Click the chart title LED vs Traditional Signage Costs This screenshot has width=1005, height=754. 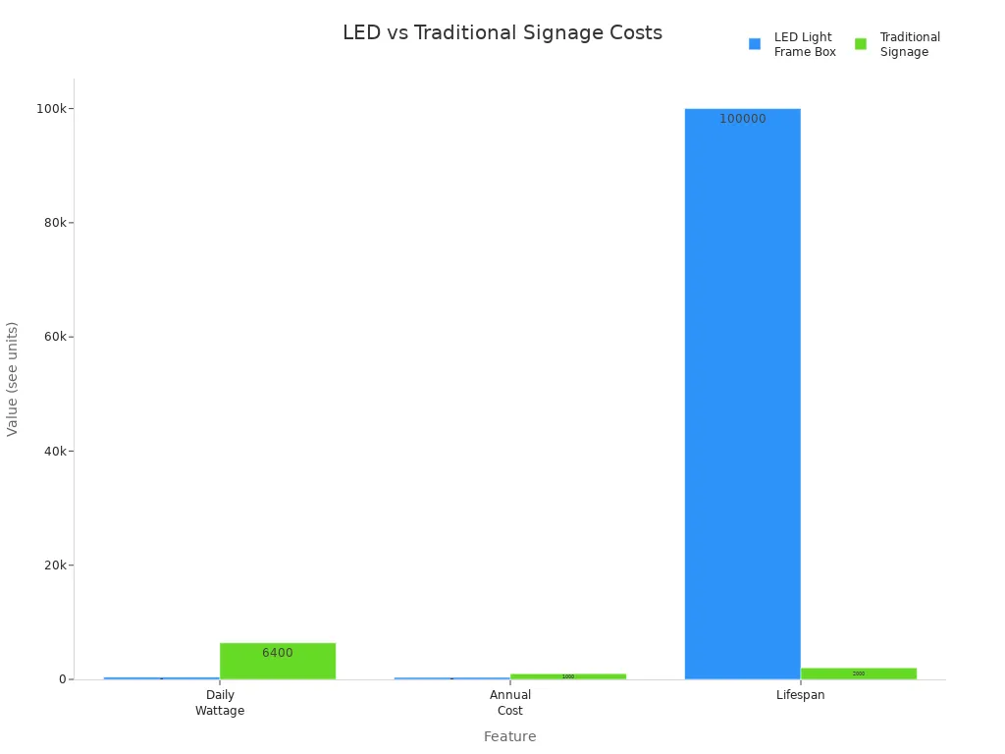pos(502,33)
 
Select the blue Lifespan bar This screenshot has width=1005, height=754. pos(742,393)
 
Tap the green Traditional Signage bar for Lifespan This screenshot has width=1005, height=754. pos(859,673)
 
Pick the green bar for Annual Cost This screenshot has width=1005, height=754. pos(568,676)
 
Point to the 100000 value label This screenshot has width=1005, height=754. pos(742,119)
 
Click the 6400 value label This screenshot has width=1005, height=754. pos(278,653)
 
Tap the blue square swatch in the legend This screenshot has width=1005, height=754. pos(755,44)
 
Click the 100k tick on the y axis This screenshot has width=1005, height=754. pos(50,108)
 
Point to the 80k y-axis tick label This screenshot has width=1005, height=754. pos(53,223)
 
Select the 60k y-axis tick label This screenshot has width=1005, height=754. pos(53,337)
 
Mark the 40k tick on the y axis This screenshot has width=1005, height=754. pos(53,452)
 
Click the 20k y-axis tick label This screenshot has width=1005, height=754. pos(53,565)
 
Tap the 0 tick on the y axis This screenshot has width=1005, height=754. pos(62,679)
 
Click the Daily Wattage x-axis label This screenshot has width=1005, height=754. pos(220,703)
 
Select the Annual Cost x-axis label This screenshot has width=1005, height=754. pos(510,703)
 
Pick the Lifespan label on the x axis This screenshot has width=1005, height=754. pos(801,695)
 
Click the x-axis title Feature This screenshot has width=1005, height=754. pos(509,736)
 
